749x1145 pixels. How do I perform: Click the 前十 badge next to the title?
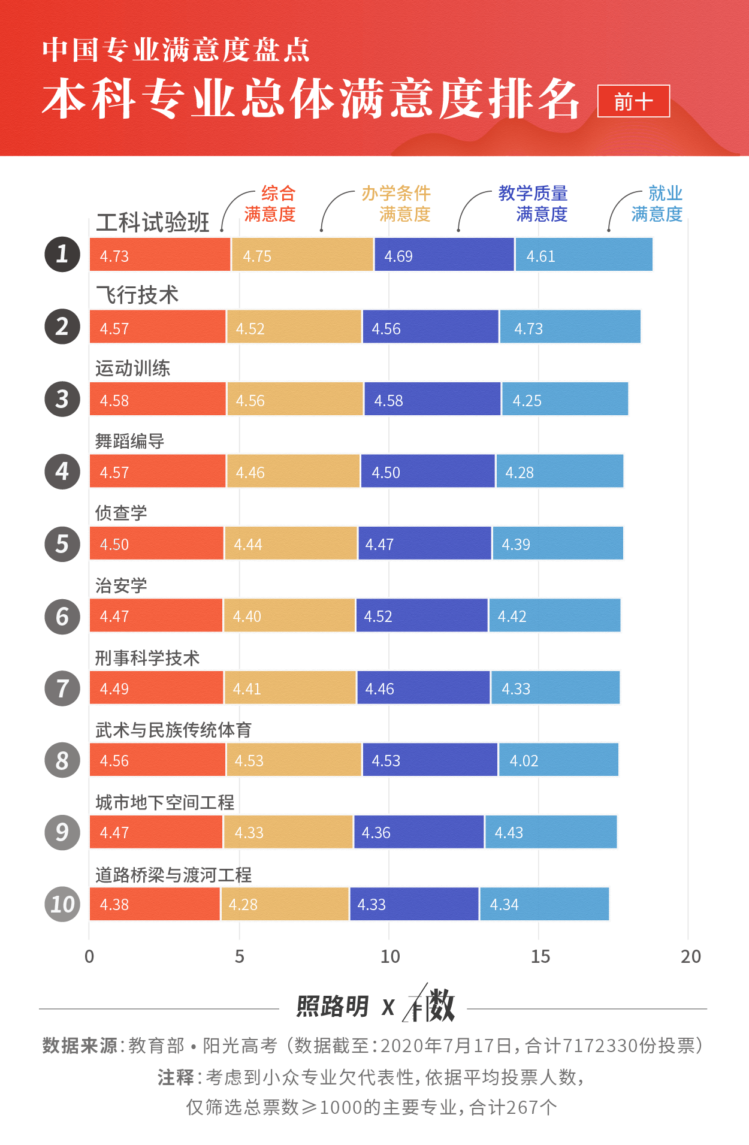633,101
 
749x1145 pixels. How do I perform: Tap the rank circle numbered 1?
62,254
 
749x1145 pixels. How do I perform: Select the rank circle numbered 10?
62,904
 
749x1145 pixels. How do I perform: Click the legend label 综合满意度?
270,204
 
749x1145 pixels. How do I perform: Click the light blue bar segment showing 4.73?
570,327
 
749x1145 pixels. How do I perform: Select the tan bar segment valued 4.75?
303,255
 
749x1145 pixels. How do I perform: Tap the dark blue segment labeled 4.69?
444,255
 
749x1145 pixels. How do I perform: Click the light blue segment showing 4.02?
558,760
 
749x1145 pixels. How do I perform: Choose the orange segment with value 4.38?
155,904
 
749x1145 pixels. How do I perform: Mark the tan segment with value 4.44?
291,543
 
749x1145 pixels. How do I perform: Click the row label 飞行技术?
137,295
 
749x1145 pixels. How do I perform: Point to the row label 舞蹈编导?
129,441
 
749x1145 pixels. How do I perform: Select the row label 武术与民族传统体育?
173,730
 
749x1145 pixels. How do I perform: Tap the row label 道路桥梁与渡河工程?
173,875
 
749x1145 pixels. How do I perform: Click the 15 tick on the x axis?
540,956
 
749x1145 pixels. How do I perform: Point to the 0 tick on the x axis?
89,956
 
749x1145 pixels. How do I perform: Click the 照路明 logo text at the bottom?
333,1007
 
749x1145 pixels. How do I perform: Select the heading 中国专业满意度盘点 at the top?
176,50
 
